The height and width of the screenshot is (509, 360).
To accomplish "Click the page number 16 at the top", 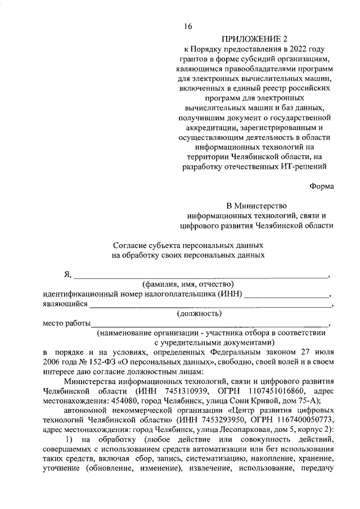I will click(x=188, y=26).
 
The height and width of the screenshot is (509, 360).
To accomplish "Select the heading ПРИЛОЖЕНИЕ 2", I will click(x=254, y=39).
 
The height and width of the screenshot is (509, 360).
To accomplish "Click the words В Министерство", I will click(x=256, y=205).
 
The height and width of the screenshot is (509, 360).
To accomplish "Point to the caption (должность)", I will click(x=199, y=314).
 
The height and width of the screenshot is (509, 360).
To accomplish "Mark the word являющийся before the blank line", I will click(x=65, y=304).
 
